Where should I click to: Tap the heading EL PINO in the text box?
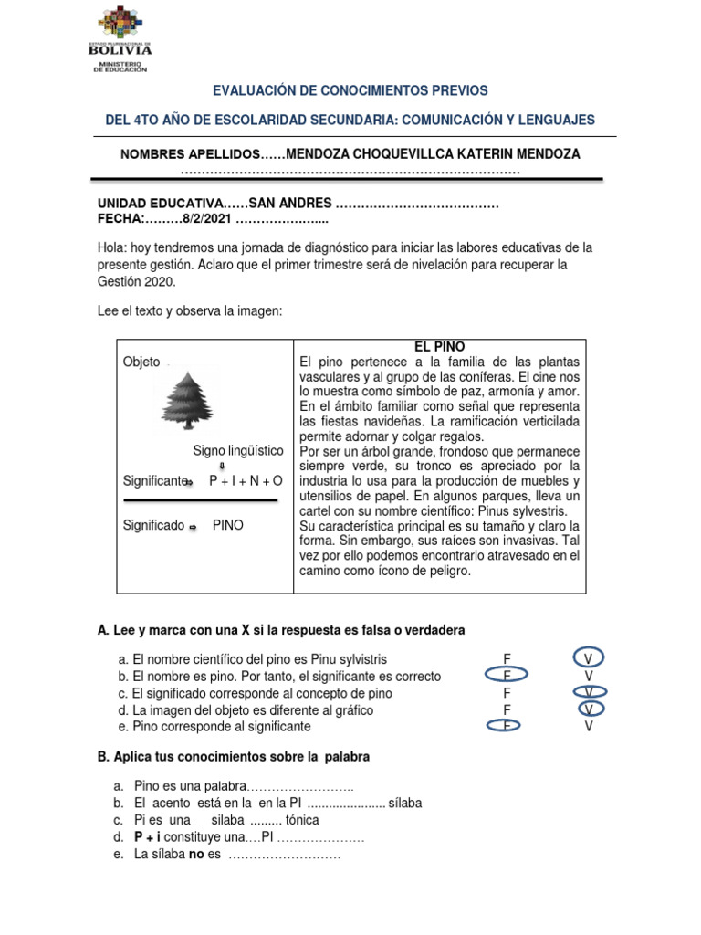pyautogui.click(x=440, y=347)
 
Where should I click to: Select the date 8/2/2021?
pyautogui.click(x=207, y=219)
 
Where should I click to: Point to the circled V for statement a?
pyautogui.click(x=589, y=658)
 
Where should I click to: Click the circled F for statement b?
pyautogui.click(x=506, y=676)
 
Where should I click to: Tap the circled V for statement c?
pyautogui.click(x=590, y=692)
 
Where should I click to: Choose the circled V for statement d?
pyautogui.click(x=590, y=709)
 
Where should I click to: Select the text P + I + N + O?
pyautogui.click(x=246, y=480)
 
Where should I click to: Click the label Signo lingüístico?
pyautogui.click(x=238, y=451)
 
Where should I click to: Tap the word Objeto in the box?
pyautogui.click(x=141, y=362)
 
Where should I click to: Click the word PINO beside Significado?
pyautogui.click(x=228, y=526)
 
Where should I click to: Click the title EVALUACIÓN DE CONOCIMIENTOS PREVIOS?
pyautogui.click(x=350, y=90)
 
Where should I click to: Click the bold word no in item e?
pyautogui.click(x=196, y=854)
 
